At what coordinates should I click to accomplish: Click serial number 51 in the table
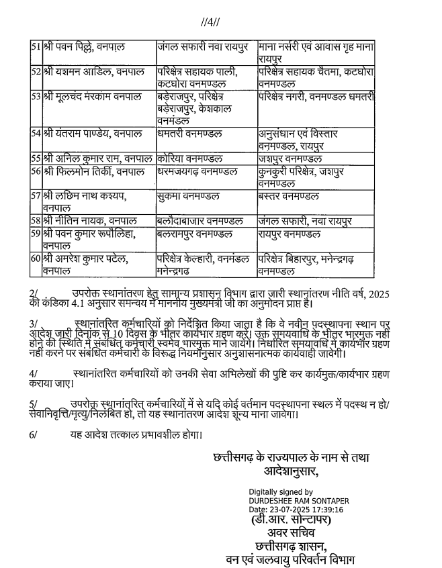pos(36,46)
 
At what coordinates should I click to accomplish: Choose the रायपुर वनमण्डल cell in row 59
pos(292,234)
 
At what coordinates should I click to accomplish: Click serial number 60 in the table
pos(36,258)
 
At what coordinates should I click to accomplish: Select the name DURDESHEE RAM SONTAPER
pos(298,500)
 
